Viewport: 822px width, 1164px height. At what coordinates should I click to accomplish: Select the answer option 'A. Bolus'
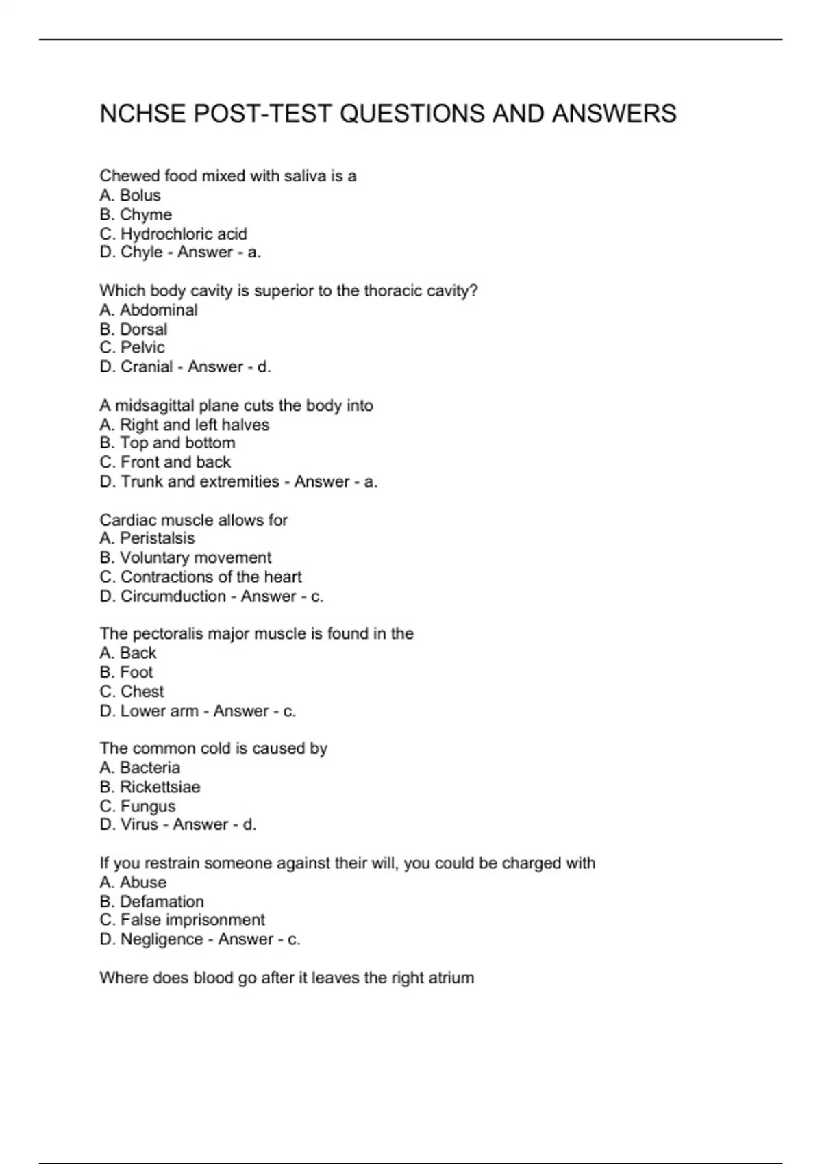(x=130, y=195)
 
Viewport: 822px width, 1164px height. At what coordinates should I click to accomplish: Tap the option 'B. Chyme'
(x=136, y=214)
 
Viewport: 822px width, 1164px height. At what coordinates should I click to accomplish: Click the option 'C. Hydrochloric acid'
(x=173, y=233)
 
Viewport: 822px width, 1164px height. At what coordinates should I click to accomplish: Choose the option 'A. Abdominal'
(x=149, y=310)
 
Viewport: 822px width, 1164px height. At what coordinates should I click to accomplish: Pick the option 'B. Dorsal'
(x=134, y=329)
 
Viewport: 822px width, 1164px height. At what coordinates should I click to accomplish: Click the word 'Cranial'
(x=147, y=367)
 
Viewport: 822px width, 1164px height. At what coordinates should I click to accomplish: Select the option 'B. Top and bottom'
(x=168, y=443)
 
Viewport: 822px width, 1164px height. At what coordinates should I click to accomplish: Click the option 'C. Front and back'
(x=165, y=462)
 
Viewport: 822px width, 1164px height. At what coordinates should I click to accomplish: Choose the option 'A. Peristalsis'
(x=147, y=538)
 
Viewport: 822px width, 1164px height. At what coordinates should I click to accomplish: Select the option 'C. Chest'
(x=132, y=692)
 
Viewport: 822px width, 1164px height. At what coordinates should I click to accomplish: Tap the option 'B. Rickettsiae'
(x=150, y=787)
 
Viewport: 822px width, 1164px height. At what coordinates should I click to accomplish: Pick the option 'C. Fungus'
(x=138, y=806)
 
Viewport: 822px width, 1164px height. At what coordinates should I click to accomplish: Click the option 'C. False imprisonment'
(x=182, y=920)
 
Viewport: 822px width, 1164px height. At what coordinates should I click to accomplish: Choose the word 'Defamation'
(x=162, y=902)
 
